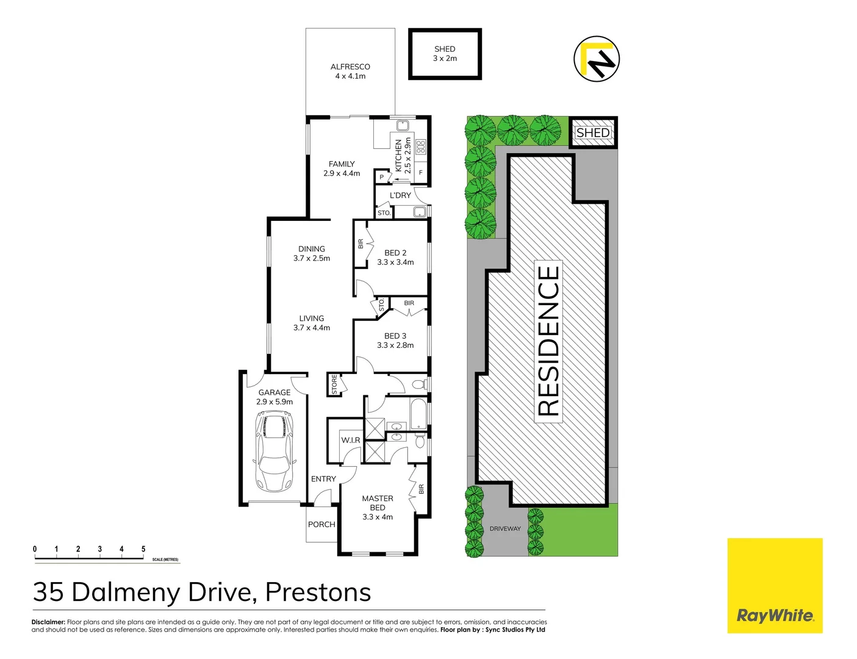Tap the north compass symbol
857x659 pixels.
click(x=596, y=59)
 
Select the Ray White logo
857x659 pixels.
click(x=775, y=585)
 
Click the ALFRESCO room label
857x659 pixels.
click(x=350, y=71)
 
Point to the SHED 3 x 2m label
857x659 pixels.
click(x=445, y=54)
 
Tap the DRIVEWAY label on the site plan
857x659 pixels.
click(x=505, y=528)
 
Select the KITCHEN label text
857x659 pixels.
click(x=399, y=156)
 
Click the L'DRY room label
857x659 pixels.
click(x=400, y=195)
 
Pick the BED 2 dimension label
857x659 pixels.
click(x=395, y=262)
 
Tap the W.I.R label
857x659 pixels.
click(x=350, y=440)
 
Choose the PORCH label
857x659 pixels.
click(x=321, y=524)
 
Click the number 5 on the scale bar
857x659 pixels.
click(x=143, y=549)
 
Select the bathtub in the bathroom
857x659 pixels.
click(x=420, y=413)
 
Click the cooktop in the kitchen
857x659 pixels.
click(x=420, y=146)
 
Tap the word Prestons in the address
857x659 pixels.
click(x=318, y=592)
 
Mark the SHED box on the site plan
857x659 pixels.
click(x=593, y=132)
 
